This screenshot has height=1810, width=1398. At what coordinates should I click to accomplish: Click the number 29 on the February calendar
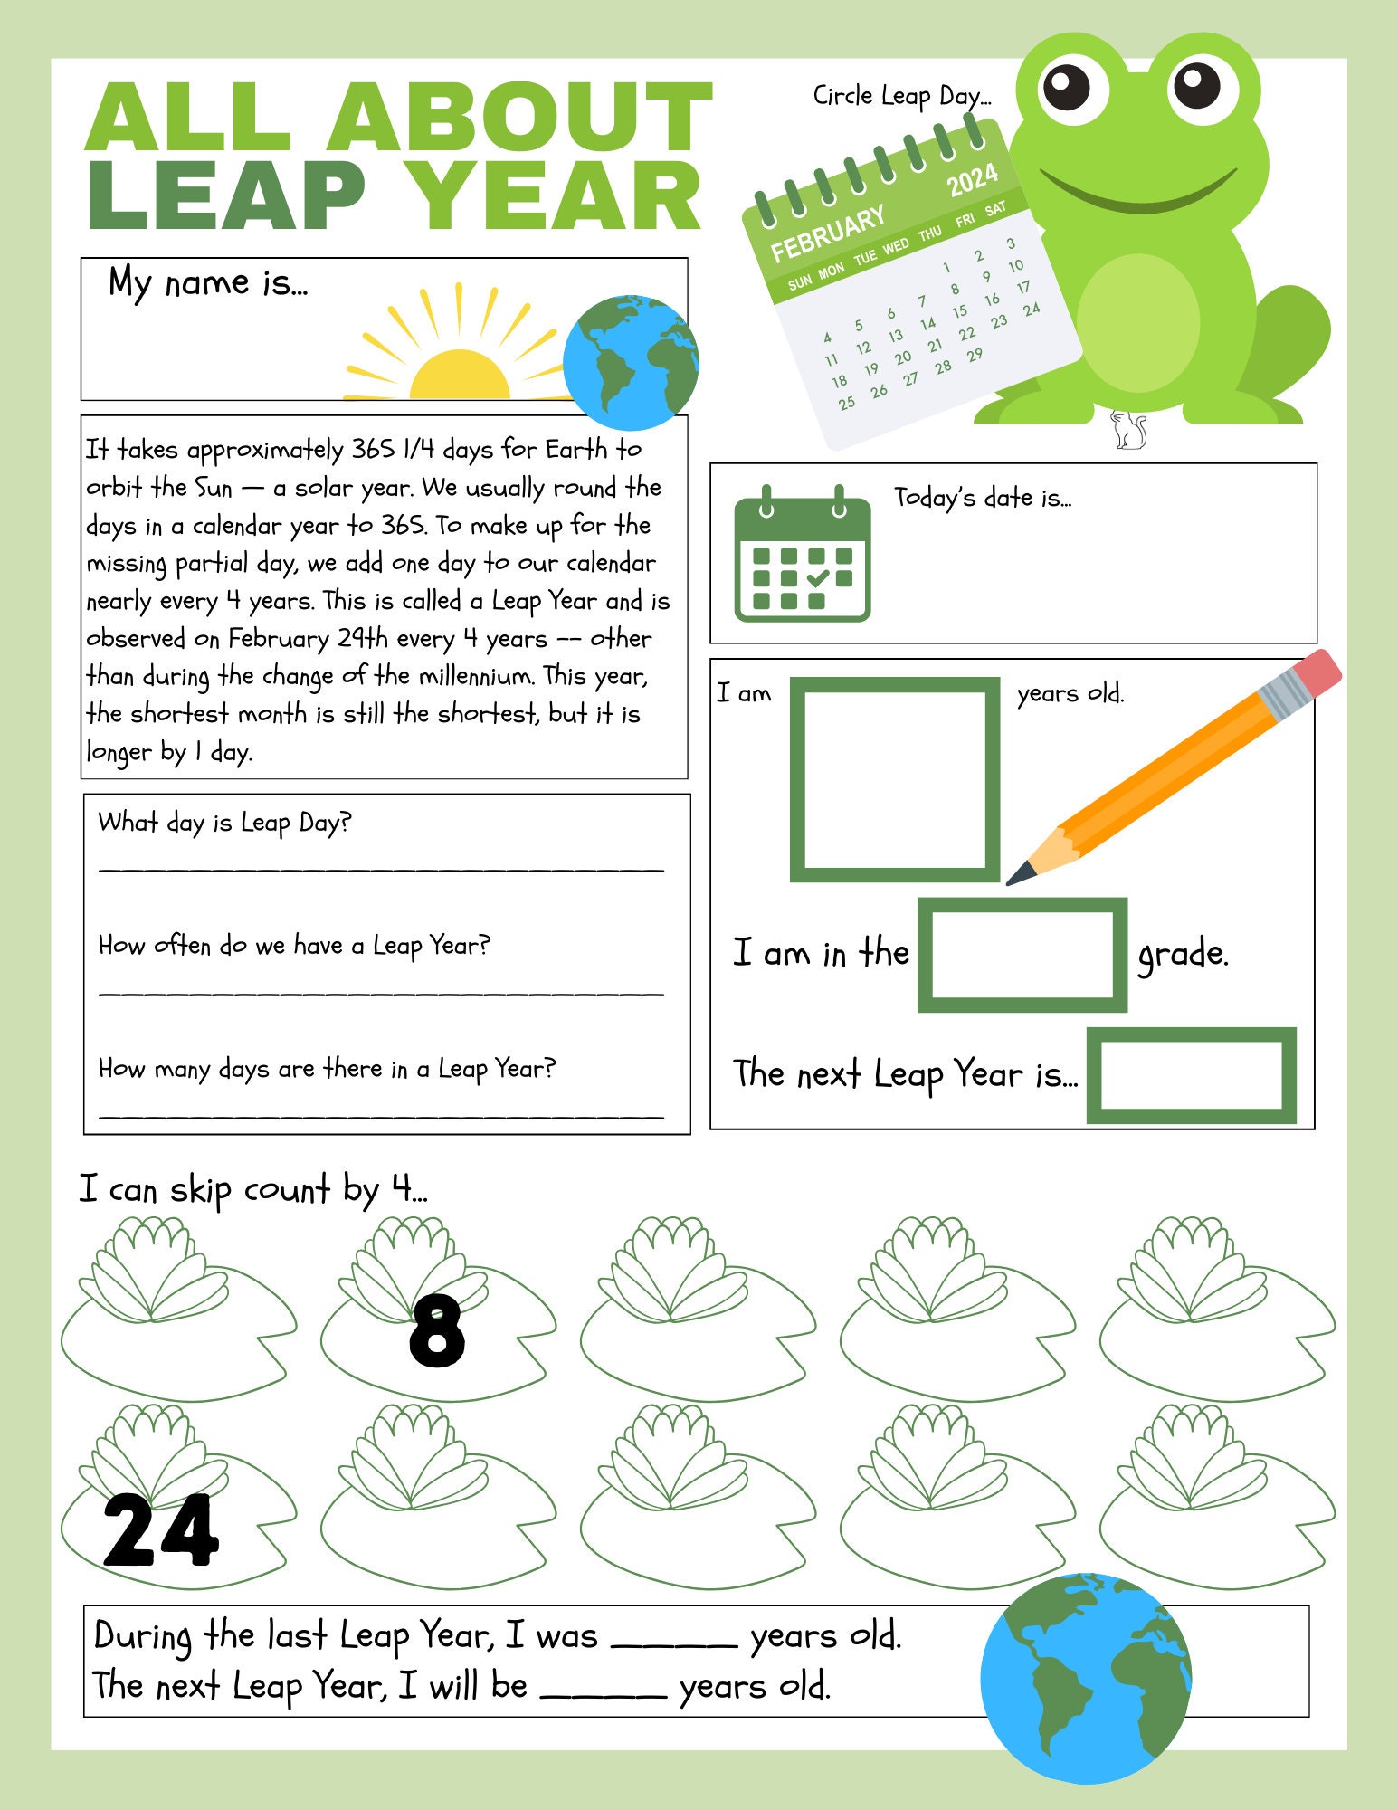(x=975, y=356)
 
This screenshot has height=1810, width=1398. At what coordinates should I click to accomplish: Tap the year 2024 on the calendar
(x=973, y=179)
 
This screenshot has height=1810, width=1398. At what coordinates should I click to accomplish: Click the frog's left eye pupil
(x=1067, y=87)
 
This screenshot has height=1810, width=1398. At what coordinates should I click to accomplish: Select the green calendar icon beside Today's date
(x=802, y=554)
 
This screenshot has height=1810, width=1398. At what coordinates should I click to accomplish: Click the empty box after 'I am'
(x=895, y=779)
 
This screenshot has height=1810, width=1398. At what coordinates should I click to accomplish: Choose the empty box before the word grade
(x=1022, y=955)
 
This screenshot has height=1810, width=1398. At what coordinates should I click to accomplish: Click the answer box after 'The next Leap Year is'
(x=1191, y=1075)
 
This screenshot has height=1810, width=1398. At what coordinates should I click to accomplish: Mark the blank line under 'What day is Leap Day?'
(x=381, y=869)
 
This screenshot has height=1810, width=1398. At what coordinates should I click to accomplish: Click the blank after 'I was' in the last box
(x=674, y=1644)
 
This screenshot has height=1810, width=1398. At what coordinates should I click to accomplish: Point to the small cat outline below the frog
(x=1128, y=430)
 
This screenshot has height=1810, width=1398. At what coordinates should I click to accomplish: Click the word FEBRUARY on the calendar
(x=827, y=233)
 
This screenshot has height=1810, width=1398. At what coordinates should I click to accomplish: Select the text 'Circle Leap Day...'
(x=901, y=96)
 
